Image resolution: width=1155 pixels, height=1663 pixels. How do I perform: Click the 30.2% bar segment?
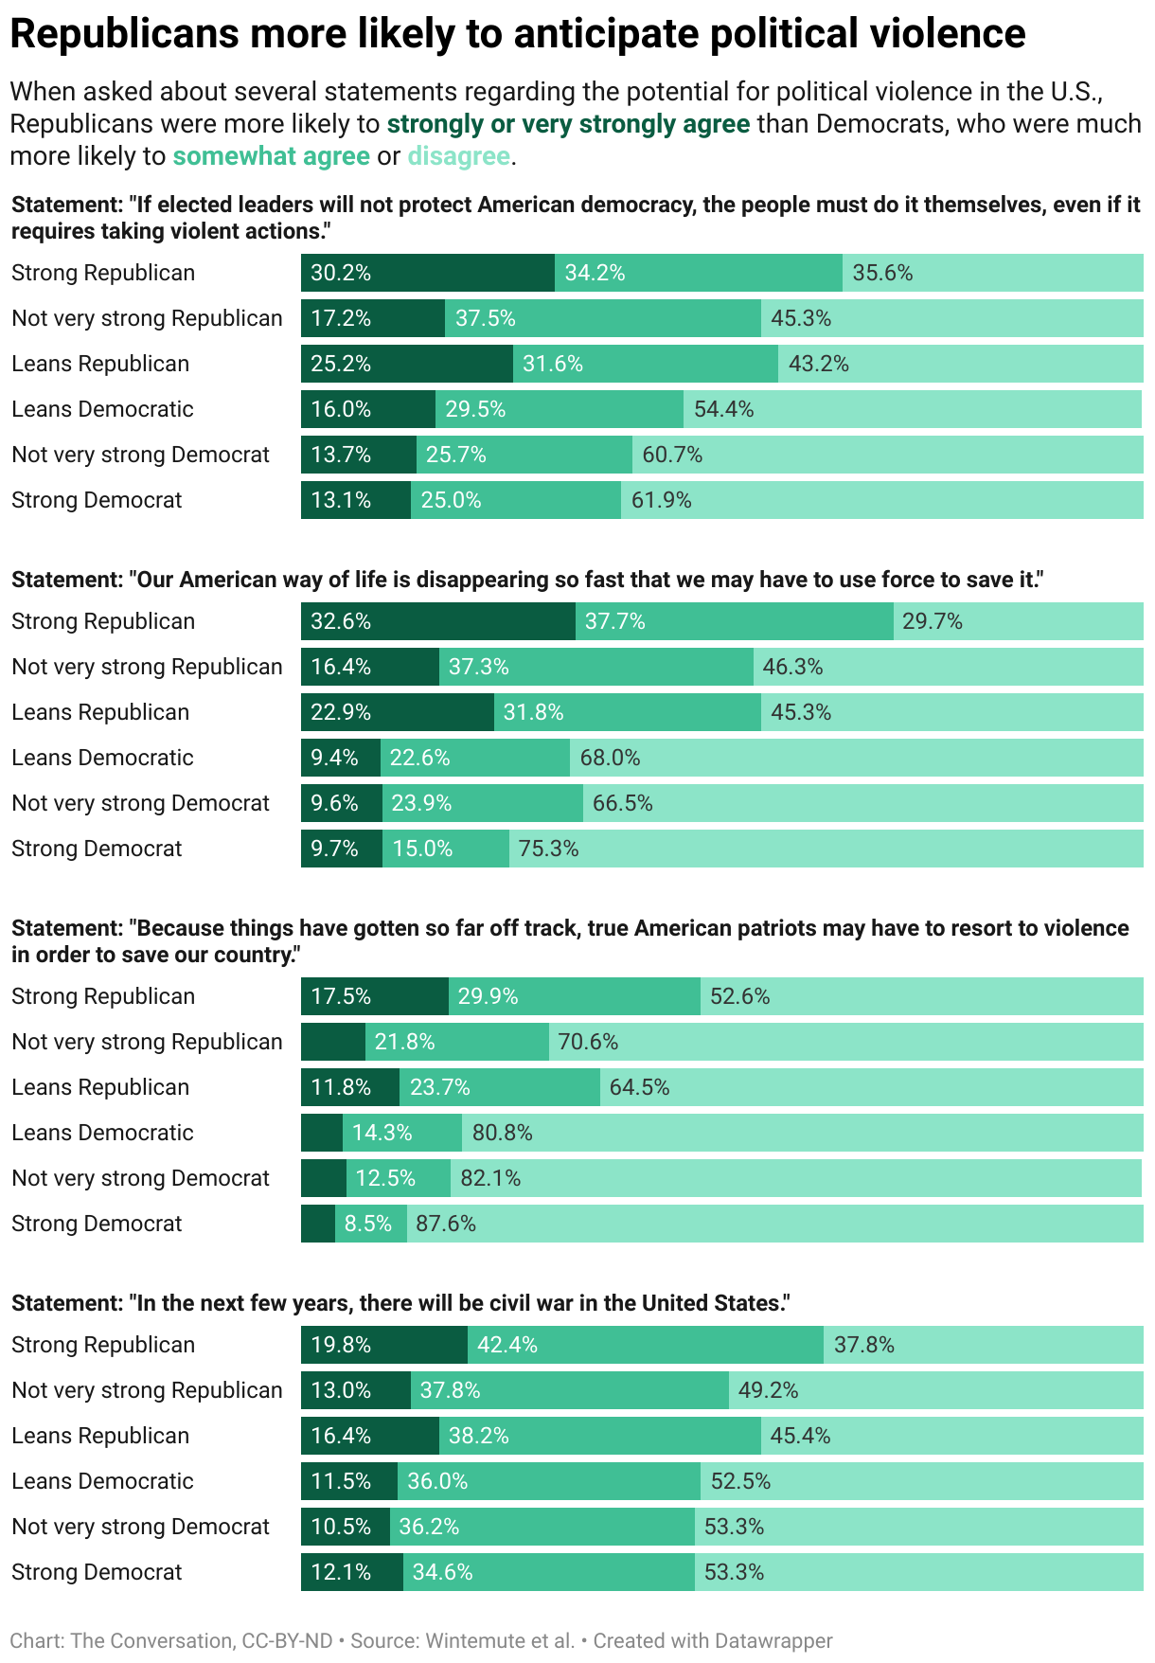click(427, 273)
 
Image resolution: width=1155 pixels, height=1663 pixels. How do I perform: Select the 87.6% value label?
click(446, 1224)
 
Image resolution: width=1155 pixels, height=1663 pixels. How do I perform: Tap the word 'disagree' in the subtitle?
click(459, 156)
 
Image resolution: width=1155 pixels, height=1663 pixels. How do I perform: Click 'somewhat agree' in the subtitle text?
click(271, 156)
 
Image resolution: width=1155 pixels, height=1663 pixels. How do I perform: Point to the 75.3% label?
click(548, 849)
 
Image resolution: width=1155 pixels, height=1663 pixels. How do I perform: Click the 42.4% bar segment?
click(645, 1345)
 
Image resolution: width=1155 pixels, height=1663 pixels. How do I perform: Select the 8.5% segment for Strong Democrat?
click(370, 1224)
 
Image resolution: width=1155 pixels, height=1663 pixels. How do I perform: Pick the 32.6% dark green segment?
click(437, 621)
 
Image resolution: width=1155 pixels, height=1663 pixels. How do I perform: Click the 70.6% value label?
click(588, 1042)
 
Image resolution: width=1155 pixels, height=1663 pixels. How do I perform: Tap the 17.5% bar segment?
click(374, 996)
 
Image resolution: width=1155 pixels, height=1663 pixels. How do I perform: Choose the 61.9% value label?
click(662, 500)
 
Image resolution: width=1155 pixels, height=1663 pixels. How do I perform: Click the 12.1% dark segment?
click(351, 1572)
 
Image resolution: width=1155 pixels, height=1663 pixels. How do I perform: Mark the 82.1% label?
click(490, 1178)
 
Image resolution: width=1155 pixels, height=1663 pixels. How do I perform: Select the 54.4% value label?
click(724, 409)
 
